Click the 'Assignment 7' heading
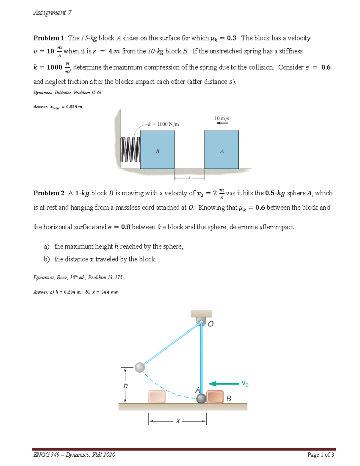coord(52,13)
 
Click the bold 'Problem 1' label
coord(49,38)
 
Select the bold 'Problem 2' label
coord(49,193)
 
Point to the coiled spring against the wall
coord(130,149)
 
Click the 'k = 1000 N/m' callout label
coord(163,124)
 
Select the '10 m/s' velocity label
coord(222,118)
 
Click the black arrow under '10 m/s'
coord(222,123)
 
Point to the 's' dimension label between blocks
coord(189,178)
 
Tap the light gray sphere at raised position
coord(140,367)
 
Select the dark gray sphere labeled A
coord(201,398)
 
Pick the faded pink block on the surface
coord(157,397)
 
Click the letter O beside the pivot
coord(211,324)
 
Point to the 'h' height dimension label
coord(125,386)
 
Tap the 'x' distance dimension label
coord(178,421)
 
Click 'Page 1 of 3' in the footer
coord(320,455)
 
